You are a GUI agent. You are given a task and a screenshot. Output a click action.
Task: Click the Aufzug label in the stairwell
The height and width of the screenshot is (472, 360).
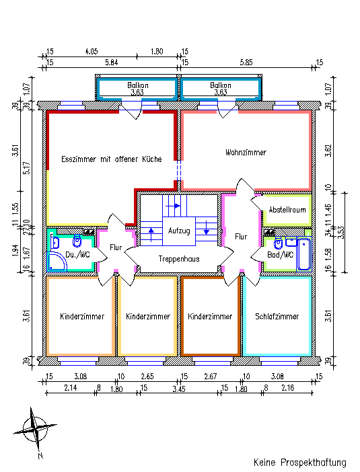[x=179, y=231]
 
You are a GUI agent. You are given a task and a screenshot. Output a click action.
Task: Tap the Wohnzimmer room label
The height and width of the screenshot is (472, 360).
[x=246, y=153]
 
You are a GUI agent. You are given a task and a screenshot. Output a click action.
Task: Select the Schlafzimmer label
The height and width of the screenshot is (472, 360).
[x=277, y=317]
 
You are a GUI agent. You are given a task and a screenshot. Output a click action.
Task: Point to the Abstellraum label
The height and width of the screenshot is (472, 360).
[x=287, y=210]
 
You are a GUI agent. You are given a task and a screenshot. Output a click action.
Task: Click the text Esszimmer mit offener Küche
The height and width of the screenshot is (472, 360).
[x=112, y=159]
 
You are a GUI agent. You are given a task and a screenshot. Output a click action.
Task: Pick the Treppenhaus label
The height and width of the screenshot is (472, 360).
[x=179, y=259]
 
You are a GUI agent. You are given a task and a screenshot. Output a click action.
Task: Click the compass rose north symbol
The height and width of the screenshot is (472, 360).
[x=35, y=428]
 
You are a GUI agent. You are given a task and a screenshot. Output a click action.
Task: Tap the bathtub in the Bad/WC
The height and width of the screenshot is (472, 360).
[x=303, y=254]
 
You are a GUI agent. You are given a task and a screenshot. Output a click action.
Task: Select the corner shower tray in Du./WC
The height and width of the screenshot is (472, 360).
[x=57, y=261]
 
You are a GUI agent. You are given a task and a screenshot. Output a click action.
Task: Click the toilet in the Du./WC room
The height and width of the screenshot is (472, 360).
[x=77, y=241]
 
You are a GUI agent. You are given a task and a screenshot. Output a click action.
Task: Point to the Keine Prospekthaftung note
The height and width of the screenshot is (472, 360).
[x=299, y=463]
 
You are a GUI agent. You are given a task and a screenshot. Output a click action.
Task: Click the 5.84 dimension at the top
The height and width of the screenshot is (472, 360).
[x=112, y=63]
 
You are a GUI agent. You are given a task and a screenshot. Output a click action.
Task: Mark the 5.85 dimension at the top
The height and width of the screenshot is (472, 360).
[x=246, y=63]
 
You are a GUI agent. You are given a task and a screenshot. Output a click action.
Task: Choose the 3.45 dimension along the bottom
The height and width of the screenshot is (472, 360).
[x=179, y=389]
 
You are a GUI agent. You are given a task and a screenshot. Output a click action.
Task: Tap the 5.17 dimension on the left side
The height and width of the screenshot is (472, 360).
[x=27, y=168]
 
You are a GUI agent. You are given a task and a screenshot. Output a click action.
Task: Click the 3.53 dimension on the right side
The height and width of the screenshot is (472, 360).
[x=340, y=232]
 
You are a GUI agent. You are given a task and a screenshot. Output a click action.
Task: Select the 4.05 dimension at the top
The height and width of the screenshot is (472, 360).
[x=92, y=52]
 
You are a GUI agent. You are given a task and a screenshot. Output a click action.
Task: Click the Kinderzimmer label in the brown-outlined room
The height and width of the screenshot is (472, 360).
[x=210, y=317]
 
